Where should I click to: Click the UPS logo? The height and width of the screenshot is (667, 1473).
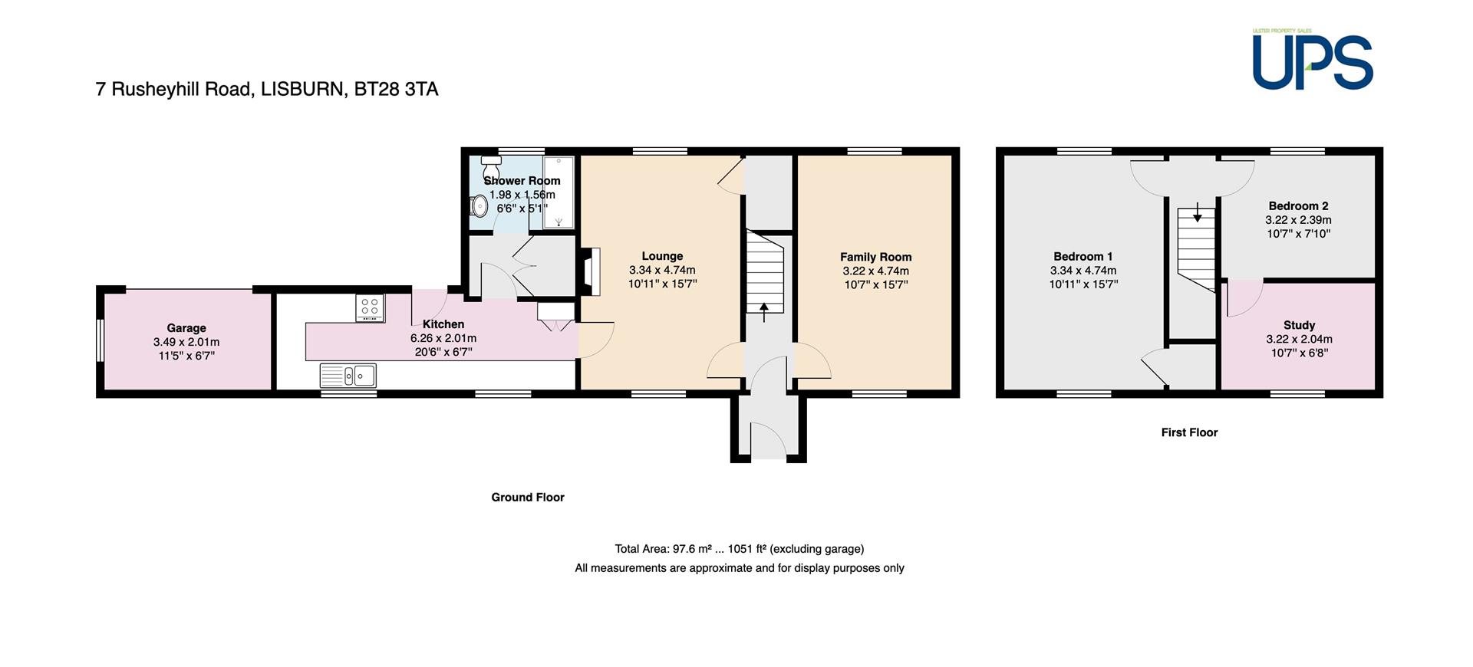tap(1313, 60)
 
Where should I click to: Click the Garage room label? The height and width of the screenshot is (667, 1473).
tap(186, 328)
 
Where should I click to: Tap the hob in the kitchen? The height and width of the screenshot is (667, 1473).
tap(370, 307)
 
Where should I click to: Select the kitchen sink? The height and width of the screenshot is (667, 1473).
tap(348, 376)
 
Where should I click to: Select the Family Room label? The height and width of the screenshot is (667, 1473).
tap(875, 257)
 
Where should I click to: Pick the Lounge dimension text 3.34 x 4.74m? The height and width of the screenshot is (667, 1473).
tap(662, 270)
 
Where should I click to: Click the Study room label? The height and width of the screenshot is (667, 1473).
tap(1299, 325)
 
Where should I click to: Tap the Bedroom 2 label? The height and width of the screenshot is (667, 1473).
tap(1298, 205)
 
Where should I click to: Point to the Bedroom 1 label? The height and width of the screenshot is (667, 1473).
tap(1083, 257)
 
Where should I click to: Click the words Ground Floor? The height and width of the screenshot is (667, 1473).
tap(528, 497)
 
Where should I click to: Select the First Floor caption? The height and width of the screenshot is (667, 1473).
tap(1189, 432)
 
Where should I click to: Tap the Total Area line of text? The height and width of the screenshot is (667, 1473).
tap(740, 549)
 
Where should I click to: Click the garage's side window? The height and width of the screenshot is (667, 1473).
tap(100, 339)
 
